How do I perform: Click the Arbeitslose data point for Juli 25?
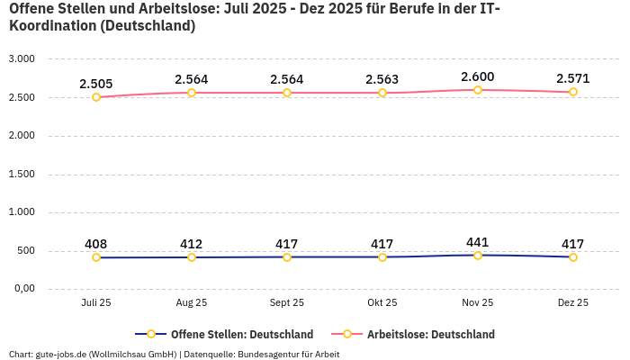[x=96, y=97]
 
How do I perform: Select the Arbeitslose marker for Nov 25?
[x=478, y=90]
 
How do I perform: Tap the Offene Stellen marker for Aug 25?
[x=192, y=257]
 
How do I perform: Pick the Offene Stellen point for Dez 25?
[x=573, y=257]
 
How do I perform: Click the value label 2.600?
[x=477, y=76]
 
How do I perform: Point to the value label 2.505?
[x=95, y=84]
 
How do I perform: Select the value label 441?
[x=477, y=242]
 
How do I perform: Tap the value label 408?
[x=95, y=244]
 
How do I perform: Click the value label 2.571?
[x=572, y=78]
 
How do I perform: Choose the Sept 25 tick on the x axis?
[x=287, y=303]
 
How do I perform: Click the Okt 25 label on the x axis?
[x=382, y=303]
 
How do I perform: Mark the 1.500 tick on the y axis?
[x=22, y=175]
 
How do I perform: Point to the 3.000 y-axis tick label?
[x=22, y=59]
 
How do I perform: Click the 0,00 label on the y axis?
[x=22, y=289]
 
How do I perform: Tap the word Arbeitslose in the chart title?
[x=170, y=9]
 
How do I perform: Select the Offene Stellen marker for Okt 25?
[x=382, y=257]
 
